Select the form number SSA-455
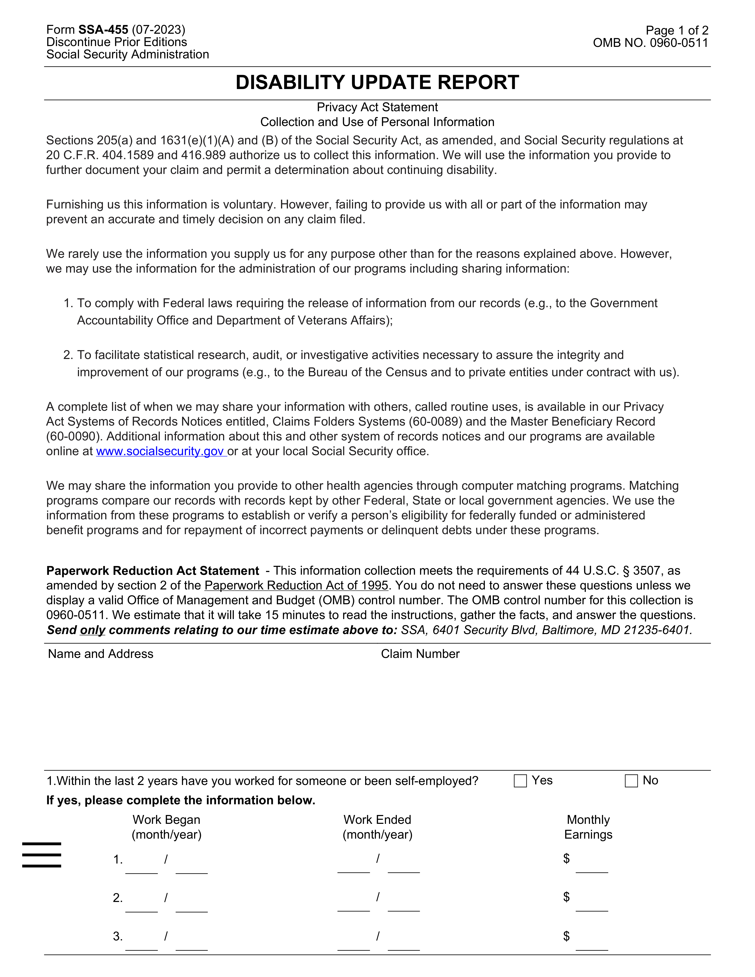pyautogui.click(x=103, y=30)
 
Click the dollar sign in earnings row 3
pyautogui.click(x=566, y=936)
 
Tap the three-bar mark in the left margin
pyautogui.click(x=42, y=855)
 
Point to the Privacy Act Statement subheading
pyautogui.click(x=377, y=107)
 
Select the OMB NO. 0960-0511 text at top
pyautogui.click(x=650, y=43)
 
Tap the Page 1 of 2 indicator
pyautogui.click(x=677, y=30)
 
